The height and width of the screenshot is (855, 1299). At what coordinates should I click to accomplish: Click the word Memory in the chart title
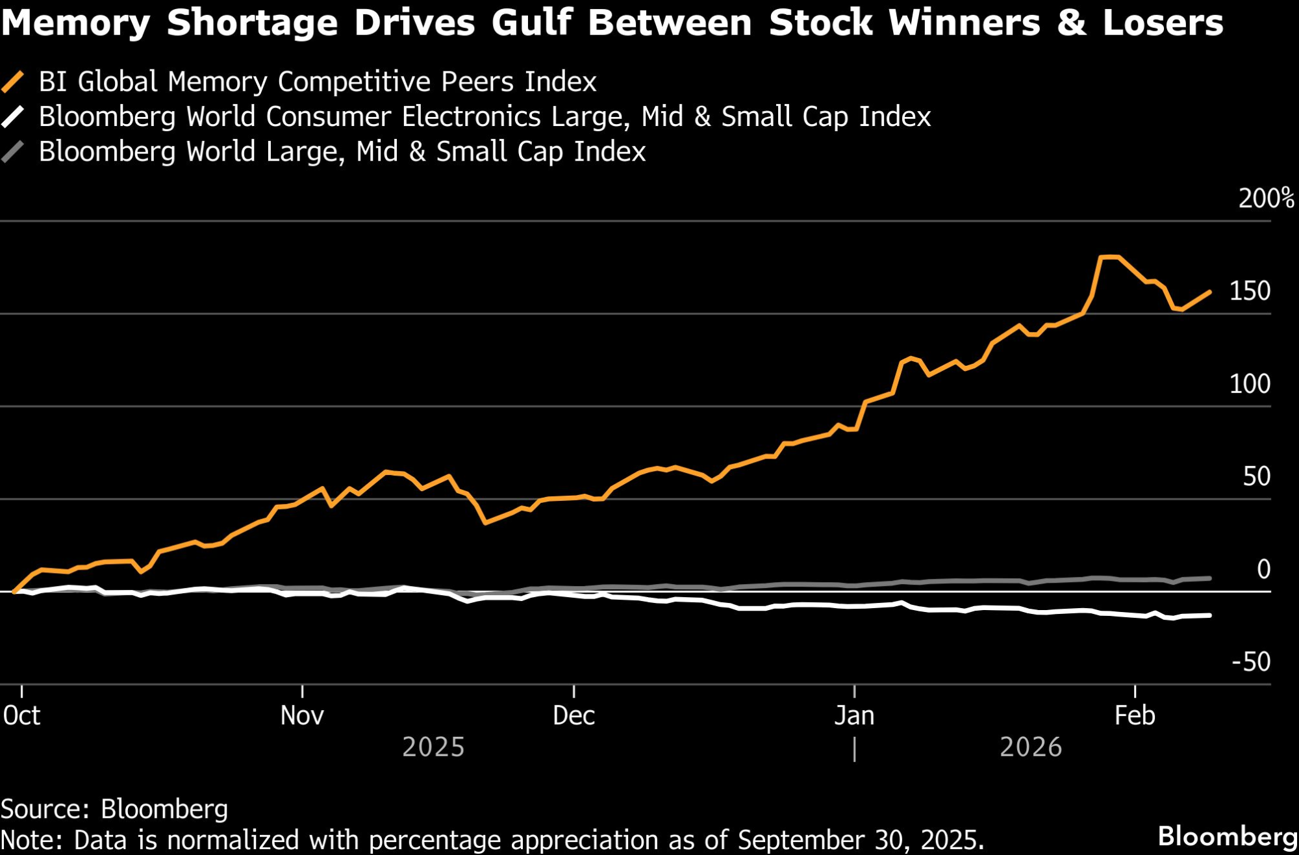pyautogui.click(x=76, y=23)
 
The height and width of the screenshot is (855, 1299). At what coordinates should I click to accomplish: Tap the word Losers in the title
pyautogui.click(x=1163, y=23)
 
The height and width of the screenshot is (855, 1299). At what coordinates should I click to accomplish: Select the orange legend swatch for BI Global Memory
pyautogui.click(x=13, y=83)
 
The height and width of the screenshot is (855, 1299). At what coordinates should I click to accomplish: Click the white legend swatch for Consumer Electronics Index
pyautogui.click(x=13, y=118)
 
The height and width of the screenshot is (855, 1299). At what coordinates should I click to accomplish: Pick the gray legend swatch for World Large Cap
pyautogui.click(x=13, y=152)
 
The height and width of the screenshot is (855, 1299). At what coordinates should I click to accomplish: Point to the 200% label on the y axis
pyautogui.click(x=1265, y=199)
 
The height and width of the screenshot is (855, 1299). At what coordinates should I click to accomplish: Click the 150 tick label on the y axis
pyautogui.click(x=1250, y=291)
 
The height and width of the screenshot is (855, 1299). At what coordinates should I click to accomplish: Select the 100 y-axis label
pyautogui.click(x=1250, y=384)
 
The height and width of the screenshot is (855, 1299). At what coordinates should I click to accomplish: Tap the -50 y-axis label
pyautogui.click(x=1251, y=662)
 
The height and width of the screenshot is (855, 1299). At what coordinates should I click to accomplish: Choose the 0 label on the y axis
pyautogui.click(x=1263, y=569)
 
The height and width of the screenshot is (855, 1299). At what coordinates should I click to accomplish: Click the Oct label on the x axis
pyautogui.click(x=22, y=716)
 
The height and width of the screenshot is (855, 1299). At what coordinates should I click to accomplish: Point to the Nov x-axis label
pyautogui.click(x=302, y=716)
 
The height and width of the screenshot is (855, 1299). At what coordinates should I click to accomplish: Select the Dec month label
pyautogui.click(x=574, y=716)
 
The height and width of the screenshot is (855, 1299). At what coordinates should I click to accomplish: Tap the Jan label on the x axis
pyautogui.click(x=854, y=716)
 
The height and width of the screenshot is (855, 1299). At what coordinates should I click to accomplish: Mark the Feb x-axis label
pyautogui.click(x=1135, y=716)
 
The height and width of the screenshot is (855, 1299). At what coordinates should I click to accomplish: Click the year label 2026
pyautogui.click(x=1031, y=747)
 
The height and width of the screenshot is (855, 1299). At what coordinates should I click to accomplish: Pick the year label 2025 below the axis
pyautogui.click(x=433, y=747)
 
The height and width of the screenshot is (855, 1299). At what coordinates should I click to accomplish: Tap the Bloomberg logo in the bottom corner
pyautogui.click(x=1228, y=837)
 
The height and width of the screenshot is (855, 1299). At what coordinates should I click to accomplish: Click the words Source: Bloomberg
pyautogui.click(x=114, y=810)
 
